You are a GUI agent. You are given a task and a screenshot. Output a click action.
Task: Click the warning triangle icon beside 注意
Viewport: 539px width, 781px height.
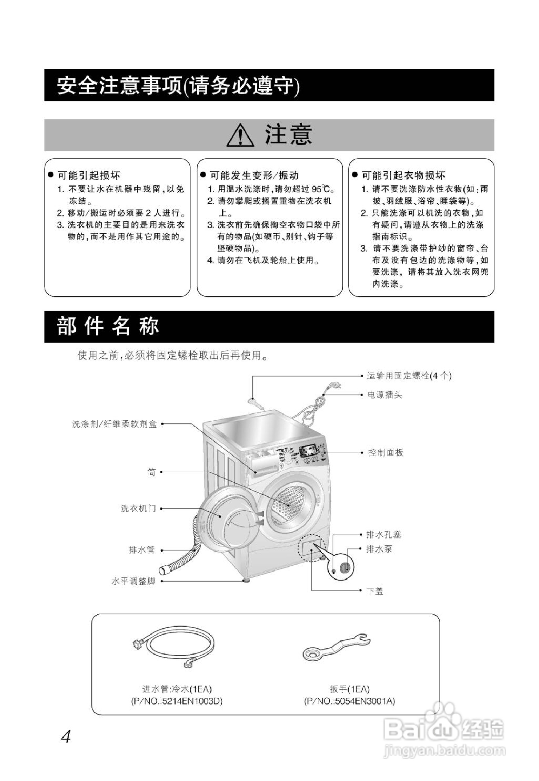click(x=240, y=136)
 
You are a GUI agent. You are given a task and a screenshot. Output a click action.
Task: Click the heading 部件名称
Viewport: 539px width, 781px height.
click(x=108, y=327)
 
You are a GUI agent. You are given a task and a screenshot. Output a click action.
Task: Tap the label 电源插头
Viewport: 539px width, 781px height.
click(x=385, y=395)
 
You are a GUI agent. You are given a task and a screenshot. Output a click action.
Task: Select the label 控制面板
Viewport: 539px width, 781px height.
click(x=386, y=453)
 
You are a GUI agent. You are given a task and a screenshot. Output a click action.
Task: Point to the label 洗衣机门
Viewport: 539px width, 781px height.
click(x=138, y=508)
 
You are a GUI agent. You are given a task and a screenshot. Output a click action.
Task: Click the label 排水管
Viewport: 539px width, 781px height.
click(x=142, y=550)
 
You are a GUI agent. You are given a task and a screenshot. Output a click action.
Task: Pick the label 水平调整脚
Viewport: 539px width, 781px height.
click(x=133, y=581)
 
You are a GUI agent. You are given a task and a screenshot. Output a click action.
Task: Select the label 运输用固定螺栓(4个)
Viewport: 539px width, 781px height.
click(x=409, y=376)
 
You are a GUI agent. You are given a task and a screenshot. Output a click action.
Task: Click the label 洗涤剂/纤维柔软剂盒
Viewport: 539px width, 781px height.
click(x=115, y=424)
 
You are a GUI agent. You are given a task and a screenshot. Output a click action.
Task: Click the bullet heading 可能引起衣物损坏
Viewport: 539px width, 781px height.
click(x=403, y=175)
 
